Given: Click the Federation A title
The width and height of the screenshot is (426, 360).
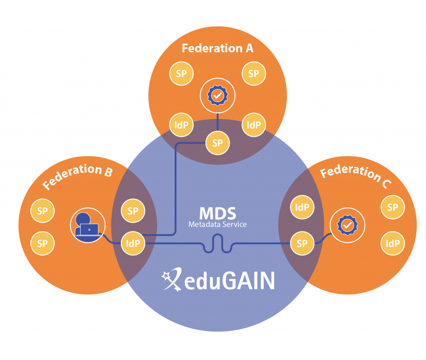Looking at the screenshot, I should click(x=217, y=48).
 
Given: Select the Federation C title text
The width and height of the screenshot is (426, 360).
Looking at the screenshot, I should click(x=356, y=176).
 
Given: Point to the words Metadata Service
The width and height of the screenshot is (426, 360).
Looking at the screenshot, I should click(x=217, y=224).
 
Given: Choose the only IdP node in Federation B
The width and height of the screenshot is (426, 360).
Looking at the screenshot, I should click(x=133, y=243).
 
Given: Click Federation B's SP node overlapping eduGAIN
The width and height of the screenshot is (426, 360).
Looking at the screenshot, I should click(x=133, y=211).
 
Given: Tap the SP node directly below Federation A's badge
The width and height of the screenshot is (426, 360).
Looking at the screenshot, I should click(x=217, y=143).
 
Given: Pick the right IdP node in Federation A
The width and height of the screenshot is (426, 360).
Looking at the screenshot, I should click(x=253, y=125).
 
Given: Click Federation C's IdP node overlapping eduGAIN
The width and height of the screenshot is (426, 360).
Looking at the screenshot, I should click(x=302, y=207).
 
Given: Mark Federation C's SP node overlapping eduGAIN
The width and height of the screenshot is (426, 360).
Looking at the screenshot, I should click(x=302, y=243).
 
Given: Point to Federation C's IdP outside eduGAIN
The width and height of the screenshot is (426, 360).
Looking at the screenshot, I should click(x=392, y=243).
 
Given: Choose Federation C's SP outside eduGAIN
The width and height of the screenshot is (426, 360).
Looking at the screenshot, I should click(x=392, y=207).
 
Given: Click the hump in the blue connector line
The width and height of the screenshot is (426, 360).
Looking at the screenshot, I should click(x=217, y=239).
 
